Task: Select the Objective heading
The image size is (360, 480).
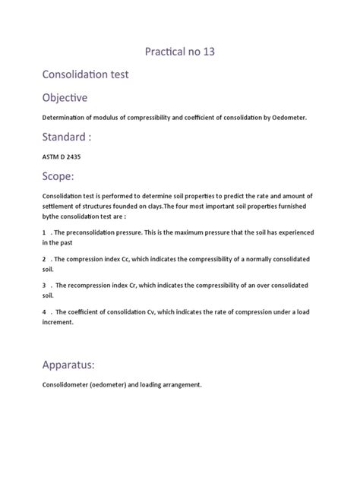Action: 65,99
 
